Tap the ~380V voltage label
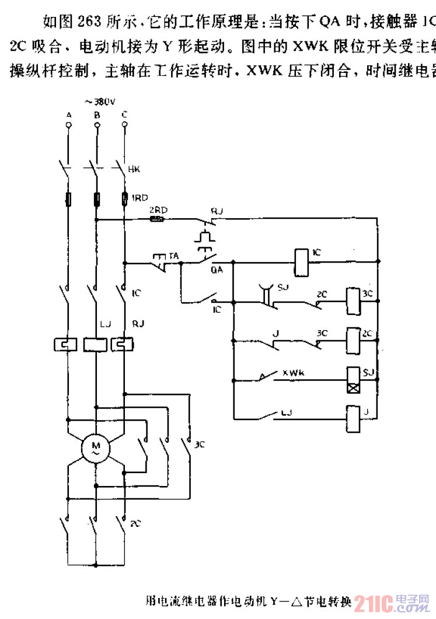coord(97,100)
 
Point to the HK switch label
coord(134,170)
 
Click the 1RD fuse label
coord(139,198)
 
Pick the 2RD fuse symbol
coord(157,219)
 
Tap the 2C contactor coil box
coord(353,337)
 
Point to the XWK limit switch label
coord(295,372)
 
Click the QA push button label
coord(217,270)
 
